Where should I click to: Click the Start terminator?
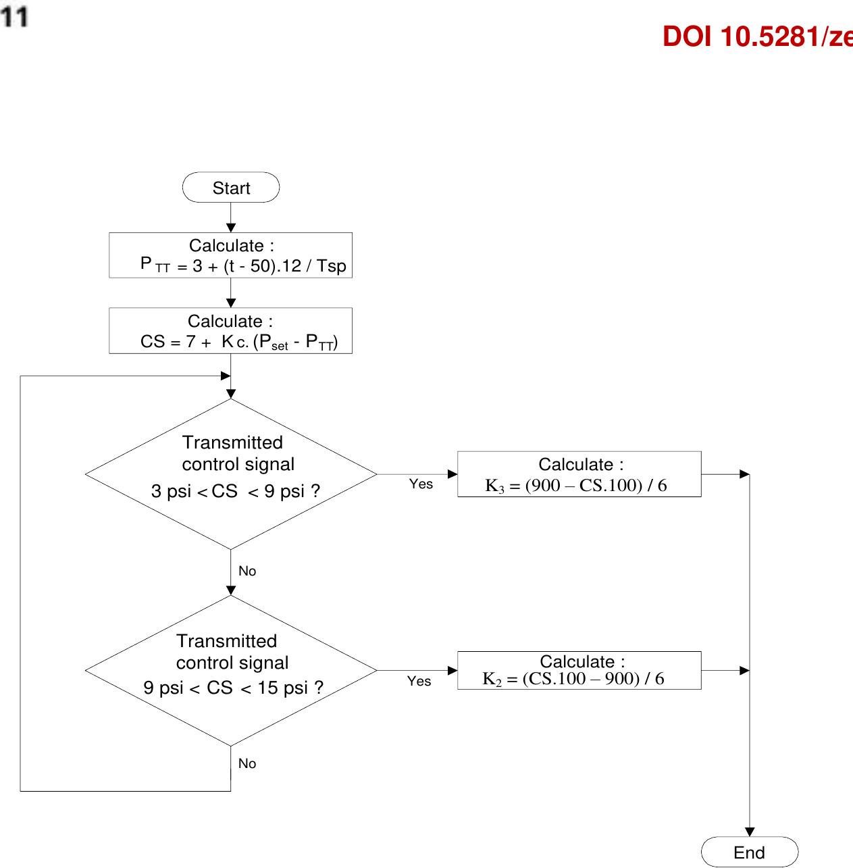(231, 188)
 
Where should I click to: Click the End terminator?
(750, 852)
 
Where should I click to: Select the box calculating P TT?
(231, 255)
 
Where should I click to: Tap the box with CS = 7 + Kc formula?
(231, 331)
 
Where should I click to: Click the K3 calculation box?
(579, 474)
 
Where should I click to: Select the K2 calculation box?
(579, 670)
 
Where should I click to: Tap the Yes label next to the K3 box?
(421, 484)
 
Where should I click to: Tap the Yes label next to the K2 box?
(419, 682)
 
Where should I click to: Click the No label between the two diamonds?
(247, 571)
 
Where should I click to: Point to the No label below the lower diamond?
(247, 763)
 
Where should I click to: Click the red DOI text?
(756, 37)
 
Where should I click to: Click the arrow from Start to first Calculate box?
(231, 218)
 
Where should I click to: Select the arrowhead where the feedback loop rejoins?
(226, 376)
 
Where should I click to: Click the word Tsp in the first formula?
(332, 266)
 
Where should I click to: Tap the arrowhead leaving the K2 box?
(745, 671)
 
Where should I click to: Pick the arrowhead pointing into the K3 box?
(453, 474)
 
